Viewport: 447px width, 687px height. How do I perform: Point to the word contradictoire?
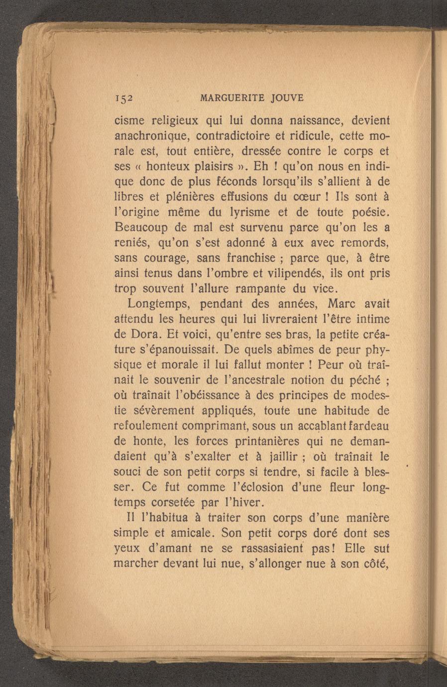coord(237,135)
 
